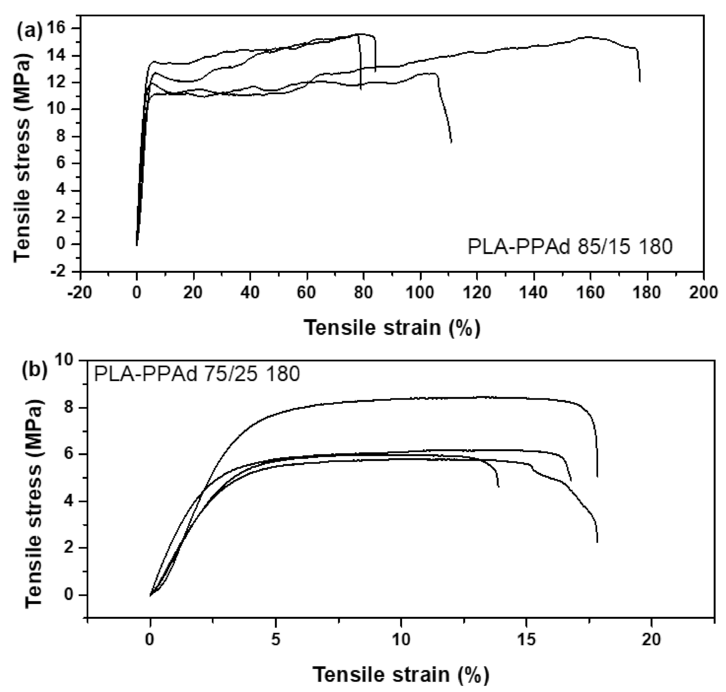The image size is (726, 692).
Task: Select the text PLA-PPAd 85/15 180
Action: coord(570,247)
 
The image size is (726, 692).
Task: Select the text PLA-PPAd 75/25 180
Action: coord(197,374)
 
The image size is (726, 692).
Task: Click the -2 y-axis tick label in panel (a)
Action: coord(61,272)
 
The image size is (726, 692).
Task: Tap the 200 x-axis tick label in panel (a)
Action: coord(703,292)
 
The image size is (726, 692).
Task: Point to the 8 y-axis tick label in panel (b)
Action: coord(70,407)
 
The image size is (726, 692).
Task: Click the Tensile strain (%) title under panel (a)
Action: coord(392,327)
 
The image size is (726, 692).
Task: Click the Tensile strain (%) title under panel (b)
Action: coord(401,675)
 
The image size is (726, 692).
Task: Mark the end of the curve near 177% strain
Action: coord(640,82)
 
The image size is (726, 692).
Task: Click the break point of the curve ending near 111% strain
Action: coord(451,142)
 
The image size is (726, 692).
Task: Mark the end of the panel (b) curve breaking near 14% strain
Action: coord(499,487)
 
